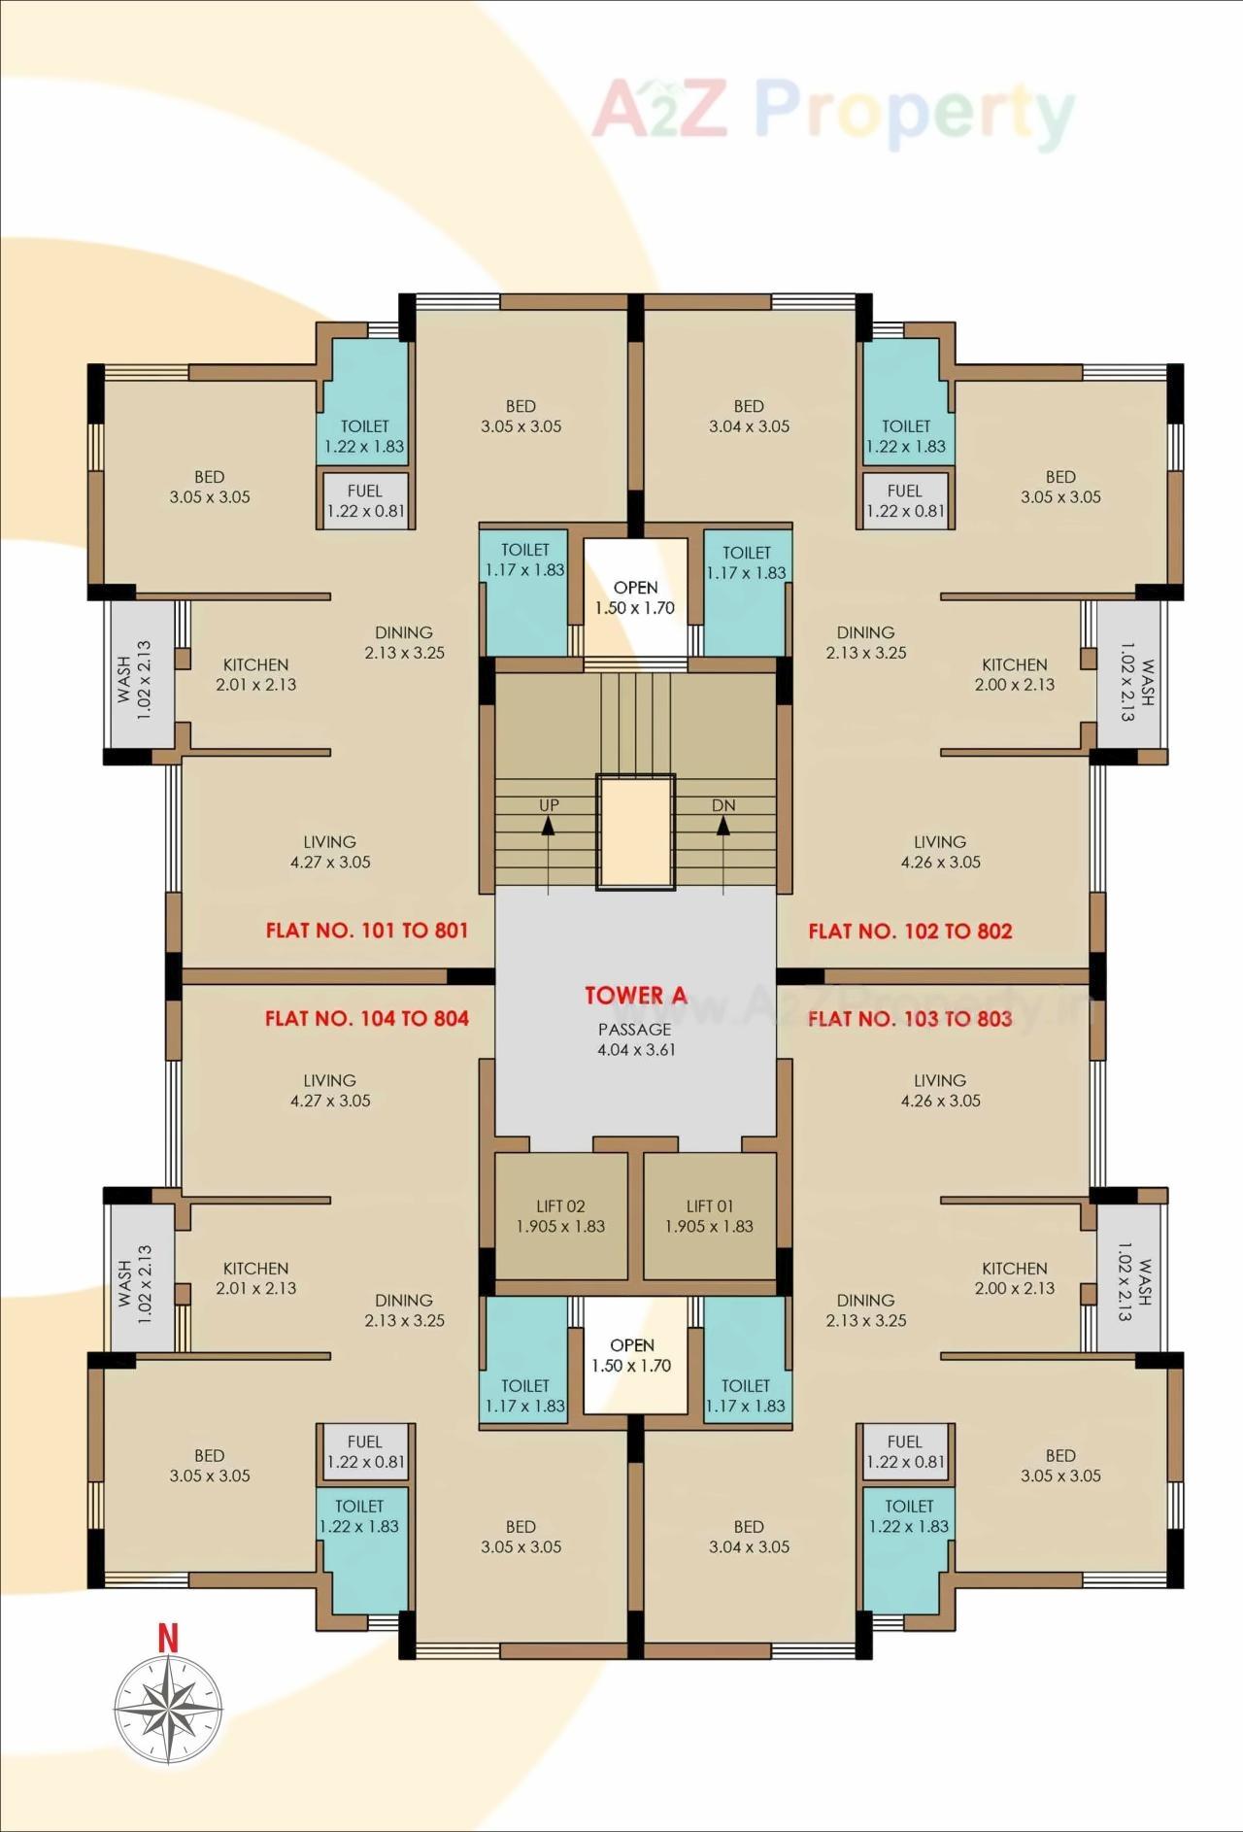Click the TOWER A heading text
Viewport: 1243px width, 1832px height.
[635, 995]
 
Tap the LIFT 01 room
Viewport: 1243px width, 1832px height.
[709, 1216]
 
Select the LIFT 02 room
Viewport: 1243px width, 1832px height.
[560, 1216]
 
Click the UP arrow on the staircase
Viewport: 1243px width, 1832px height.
[549, 827]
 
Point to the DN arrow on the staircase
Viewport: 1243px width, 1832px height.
[723, 827]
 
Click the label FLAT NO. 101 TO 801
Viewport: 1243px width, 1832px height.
[367, 931]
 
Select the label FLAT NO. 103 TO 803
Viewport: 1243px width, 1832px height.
[910, 1018]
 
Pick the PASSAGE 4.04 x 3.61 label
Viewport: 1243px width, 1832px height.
[635, 1039]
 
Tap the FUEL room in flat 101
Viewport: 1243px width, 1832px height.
[365, 500]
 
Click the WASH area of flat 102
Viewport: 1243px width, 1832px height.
[1129, 676]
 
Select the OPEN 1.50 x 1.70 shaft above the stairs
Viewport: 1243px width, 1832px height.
[635, 597]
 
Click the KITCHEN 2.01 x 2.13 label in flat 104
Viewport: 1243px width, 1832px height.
[255, 1278]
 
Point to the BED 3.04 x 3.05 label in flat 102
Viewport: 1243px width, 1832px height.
[749, 416]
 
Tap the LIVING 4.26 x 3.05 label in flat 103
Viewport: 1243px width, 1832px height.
[940, 1090]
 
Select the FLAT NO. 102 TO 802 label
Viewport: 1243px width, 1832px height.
[910, 931]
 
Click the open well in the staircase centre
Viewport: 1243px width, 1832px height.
[635, 831]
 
